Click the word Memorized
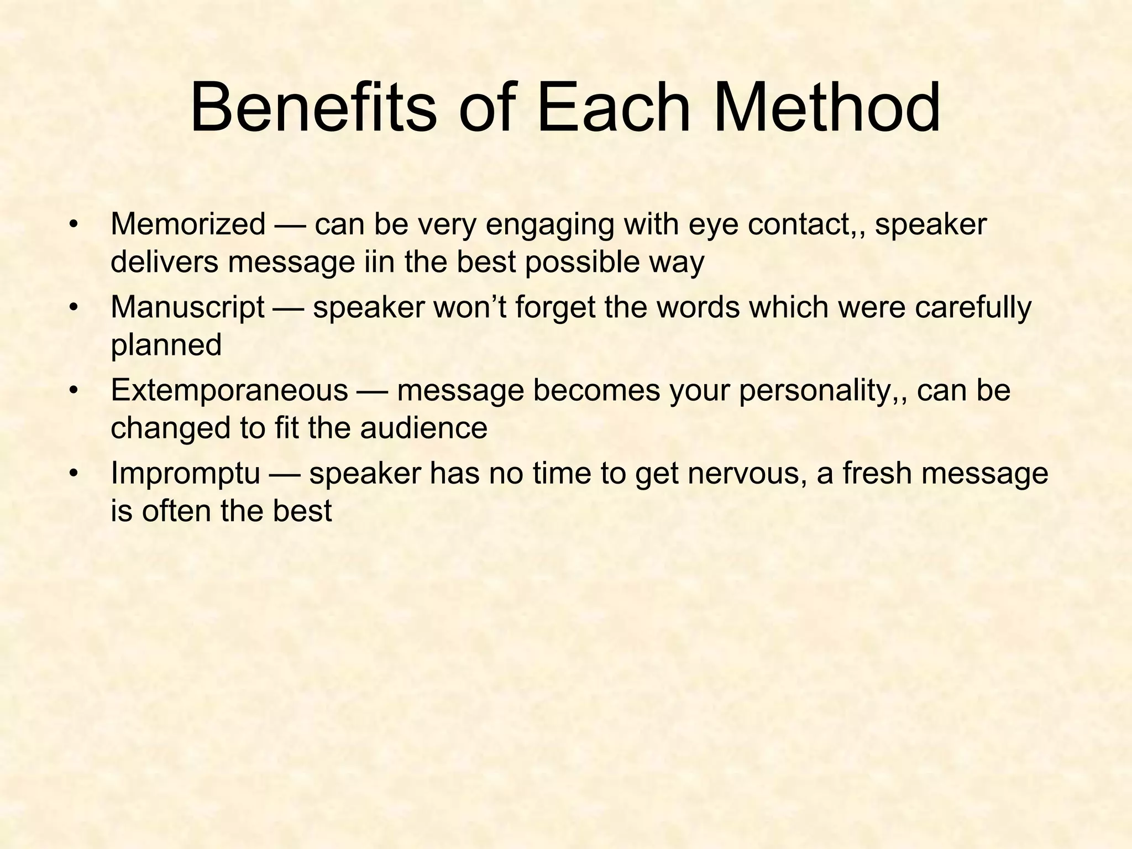pyautogui.click(x=188, y=225)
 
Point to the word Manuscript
pyautogui.click(x=187, y=308)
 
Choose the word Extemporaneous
pyautogui.click(x=229, y=391)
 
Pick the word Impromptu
pyautogui.click(x=185, y=474)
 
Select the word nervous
pyautogui.click(x=745, y=474)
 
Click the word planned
pyautogui.click(x=166, y=345)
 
